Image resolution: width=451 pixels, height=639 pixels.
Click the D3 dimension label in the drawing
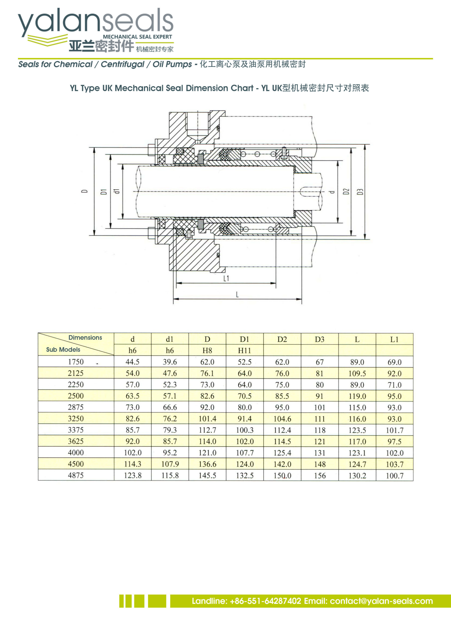pyautogui.click(x=360, y=191)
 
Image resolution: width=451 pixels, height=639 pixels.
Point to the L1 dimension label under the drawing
pyautogui.click(x=226, y=278)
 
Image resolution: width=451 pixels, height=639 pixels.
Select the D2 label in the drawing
pyautogui.click(x=346, y=191)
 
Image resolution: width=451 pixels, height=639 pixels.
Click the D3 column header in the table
pyautogui.click(x=320, y=339)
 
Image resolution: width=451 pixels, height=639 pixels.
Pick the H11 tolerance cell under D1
pyautogui.click(x=244, y=350)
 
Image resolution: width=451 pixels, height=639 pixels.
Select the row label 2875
pyautogui.click(x=75, y=407)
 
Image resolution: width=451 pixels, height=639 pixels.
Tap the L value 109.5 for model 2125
pyautogui.click(x=357, y=373)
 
